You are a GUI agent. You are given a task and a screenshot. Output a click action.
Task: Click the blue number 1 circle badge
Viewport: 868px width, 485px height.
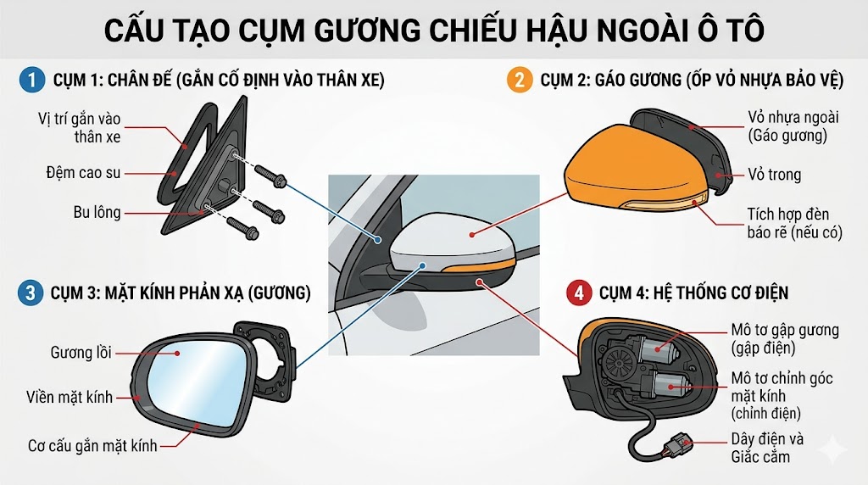(31, 81)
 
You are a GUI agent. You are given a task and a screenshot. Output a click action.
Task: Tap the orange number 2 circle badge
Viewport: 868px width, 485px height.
(516, 81)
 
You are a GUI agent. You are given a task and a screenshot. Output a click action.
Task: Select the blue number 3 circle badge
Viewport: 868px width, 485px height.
(31, 293)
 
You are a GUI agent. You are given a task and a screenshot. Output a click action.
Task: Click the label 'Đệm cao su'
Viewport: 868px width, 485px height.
(84, 173)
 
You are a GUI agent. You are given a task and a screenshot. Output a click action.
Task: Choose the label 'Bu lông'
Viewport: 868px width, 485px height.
(96, 211)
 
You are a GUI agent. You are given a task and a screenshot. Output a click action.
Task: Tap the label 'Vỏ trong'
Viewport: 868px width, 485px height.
(773, 175)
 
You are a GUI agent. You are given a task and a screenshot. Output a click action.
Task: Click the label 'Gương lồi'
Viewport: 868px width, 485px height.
(81, 352)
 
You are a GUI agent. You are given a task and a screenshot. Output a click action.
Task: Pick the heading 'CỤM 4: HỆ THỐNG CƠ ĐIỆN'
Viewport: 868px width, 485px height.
(693, 293)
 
